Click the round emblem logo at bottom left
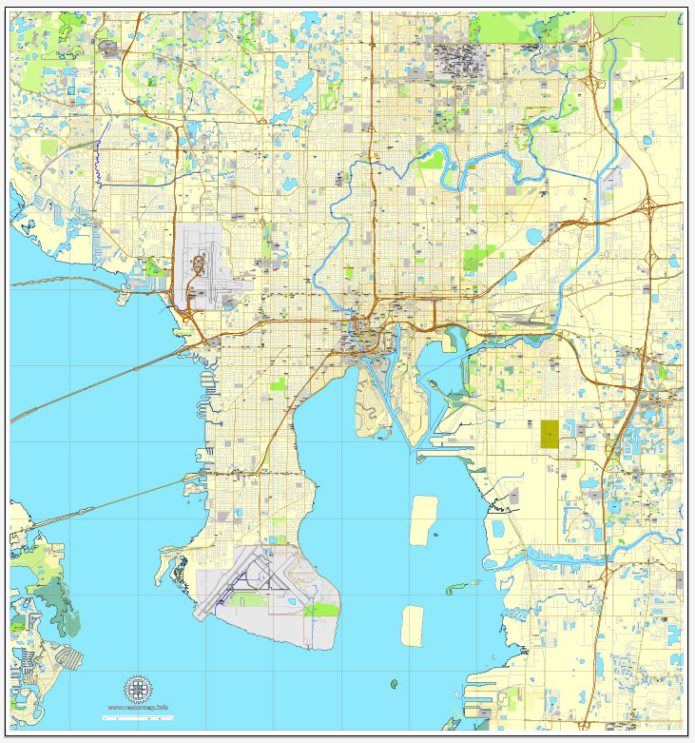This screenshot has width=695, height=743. click(x=139, y=688)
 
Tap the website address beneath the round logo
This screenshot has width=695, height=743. click(x=139, y=707)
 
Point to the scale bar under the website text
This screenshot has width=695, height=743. click(x=139, y=714)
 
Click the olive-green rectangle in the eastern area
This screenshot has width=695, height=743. click(x=550, y=434)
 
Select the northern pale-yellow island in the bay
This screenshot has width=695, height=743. click(x=421, y=520)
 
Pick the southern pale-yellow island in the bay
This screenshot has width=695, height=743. click(x=413, y=625)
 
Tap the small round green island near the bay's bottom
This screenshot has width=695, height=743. click(x=394, y=682)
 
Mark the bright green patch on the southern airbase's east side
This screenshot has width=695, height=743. click(x=322, y=609)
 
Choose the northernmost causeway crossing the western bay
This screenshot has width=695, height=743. click(x=67, y=282)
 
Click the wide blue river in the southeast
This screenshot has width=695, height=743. click(x=570, y=559)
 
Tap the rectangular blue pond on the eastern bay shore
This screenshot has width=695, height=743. click(x=497, y=525)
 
